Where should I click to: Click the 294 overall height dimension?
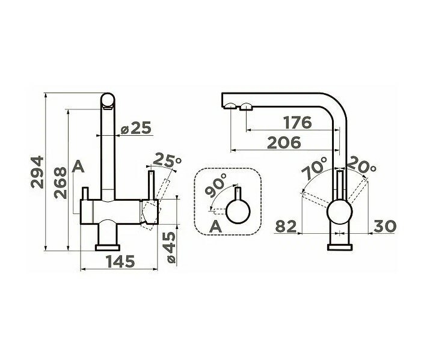(37, 172)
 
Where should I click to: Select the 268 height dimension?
(61, 183)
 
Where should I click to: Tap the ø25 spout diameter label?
(135, 129)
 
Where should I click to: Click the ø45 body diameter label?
(170, 247)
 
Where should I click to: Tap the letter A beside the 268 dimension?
(78, 166)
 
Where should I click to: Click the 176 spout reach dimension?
(297, 123)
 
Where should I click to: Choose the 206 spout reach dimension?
(284, 143)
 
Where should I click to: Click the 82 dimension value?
(286, 226)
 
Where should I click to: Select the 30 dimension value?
(384, 226)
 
